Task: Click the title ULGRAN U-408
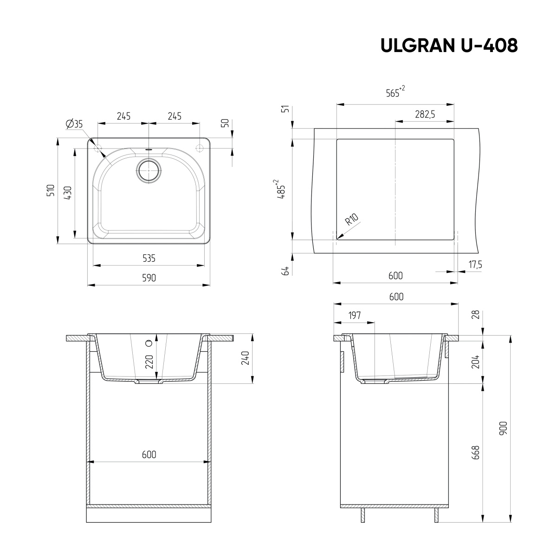click(449, 45)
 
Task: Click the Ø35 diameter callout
click(74, 123)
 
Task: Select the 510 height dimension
click(52, 190)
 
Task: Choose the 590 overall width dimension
click(149, 278)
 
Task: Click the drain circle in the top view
click(149, 171)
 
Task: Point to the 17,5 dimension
click(475, 265)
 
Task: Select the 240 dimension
click(246, 358)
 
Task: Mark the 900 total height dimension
click(504, 427)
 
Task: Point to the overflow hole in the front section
click(149, 343)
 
